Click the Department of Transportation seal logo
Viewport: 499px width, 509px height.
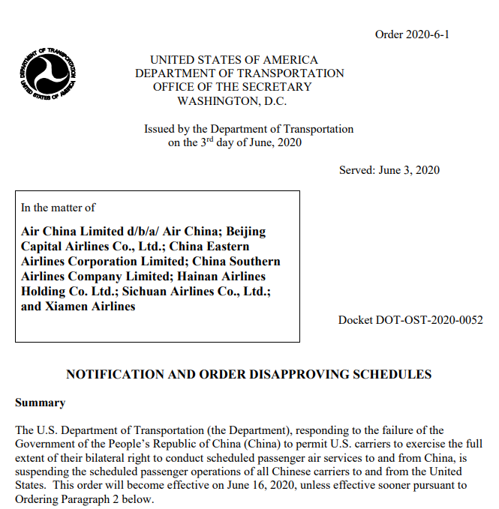[48, 75]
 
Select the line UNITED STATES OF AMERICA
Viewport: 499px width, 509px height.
[233, 60]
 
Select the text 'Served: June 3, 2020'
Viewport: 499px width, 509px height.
[389, 170]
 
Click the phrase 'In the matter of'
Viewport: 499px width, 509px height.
[58, 208]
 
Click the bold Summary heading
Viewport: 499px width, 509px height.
[40, 403]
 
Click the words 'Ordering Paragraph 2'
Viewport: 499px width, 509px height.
[73, 499]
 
